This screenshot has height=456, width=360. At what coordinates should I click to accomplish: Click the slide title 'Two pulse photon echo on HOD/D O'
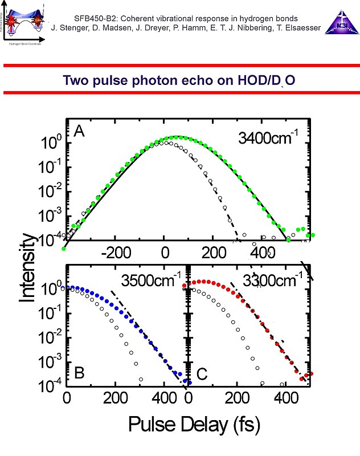point(179,80)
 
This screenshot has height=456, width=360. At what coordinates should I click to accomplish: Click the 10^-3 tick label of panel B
point(50,361)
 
